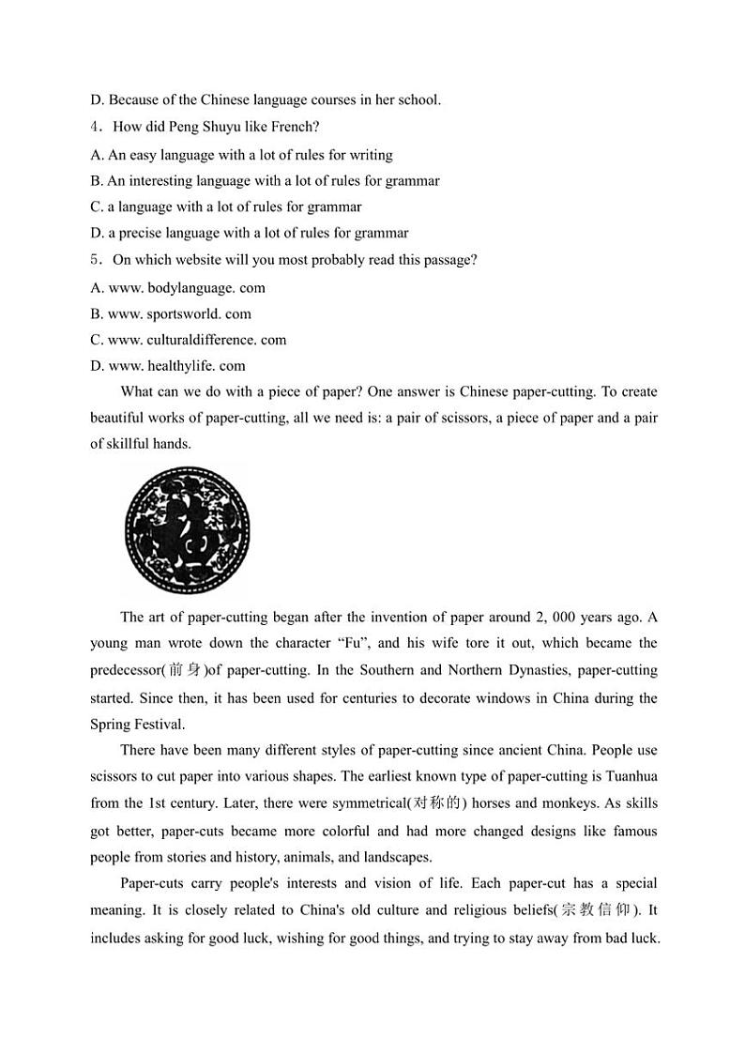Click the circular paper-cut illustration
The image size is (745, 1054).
(188, 527)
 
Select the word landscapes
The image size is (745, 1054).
(396, 857)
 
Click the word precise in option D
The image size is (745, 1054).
(142, 233)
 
